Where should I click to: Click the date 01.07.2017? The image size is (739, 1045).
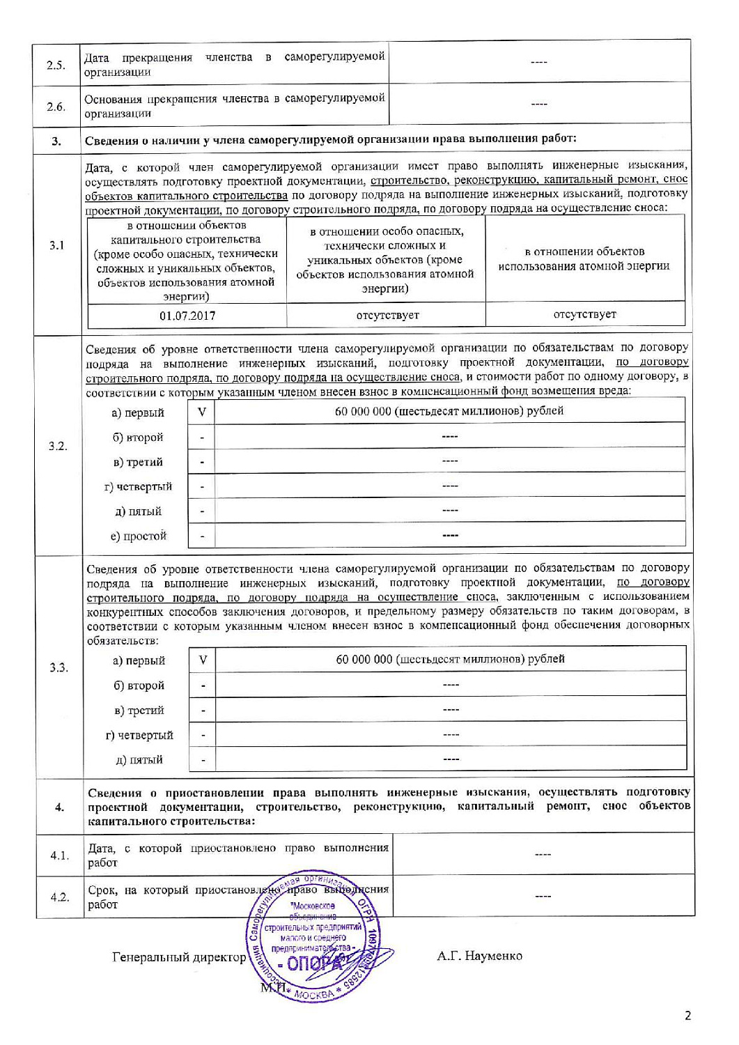(187, 316)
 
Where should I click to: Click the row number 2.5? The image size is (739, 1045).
(56, 65)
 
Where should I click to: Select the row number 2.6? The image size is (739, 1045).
(56, 107)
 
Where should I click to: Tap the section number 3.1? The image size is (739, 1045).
(57, 245)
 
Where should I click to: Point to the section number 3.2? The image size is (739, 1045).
(58, 446)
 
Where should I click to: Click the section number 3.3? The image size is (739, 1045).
(59, 667)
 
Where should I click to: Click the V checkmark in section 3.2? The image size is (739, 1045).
(202, 412)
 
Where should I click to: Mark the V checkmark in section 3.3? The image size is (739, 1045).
(203, 660)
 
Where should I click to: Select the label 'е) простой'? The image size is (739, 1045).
(139, 536)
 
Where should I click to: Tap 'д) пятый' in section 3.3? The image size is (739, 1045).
(139, 759)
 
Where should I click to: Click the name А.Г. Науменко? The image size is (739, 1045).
(479, 955)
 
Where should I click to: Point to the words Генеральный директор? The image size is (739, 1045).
(179, 957)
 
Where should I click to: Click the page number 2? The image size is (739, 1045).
(688, 1016)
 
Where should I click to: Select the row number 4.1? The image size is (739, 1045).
(59, 855)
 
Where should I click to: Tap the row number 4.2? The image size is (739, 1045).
(60, 897)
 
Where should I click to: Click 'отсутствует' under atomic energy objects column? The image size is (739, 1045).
(584, 314)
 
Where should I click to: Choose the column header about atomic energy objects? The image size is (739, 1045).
(584, 258)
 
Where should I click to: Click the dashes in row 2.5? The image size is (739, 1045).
(539, 63)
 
